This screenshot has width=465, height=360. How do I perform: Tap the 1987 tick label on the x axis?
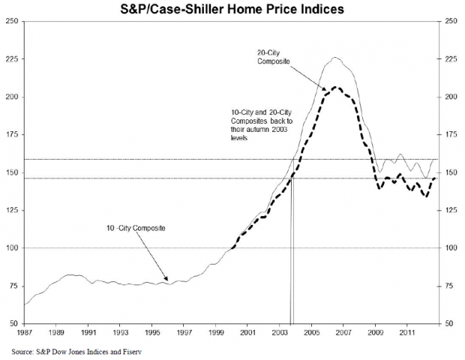tap(25, 331)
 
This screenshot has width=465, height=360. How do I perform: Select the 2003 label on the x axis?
tap(280, 331)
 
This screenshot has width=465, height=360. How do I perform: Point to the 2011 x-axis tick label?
tap(407, 331)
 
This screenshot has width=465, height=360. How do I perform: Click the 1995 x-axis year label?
tap(152, 331)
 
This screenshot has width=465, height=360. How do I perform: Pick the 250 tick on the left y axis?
tap(13, 21)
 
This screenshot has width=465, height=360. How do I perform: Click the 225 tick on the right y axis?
tap(450, 58)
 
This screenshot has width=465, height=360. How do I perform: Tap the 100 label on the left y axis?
tap(13, 247)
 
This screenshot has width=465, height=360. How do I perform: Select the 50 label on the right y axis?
tap(448, 323)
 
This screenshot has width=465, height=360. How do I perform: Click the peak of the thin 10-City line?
tap(335, 57)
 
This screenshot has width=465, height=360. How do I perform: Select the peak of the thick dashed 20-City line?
tap(335, 87)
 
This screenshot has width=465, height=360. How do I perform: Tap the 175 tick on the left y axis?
tap(13, 134)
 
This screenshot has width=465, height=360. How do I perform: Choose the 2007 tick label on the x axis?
tap(343, 331)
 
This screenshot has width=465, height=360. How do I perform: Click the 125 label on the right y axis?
tap(450, 210)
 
